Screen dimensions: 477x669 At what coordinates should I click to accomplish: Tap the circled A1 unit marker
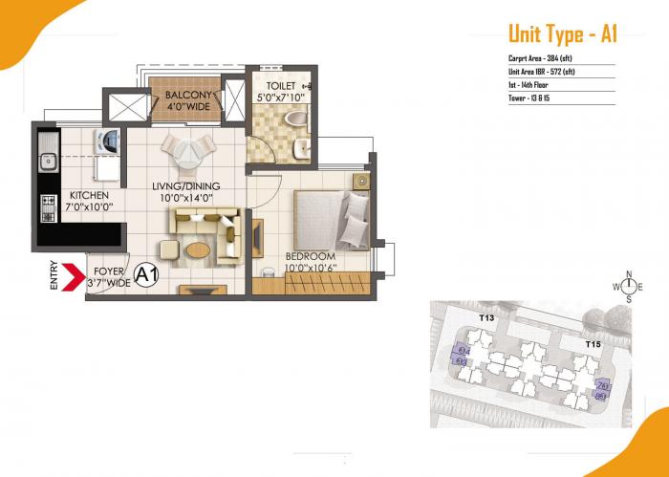pos(145,276)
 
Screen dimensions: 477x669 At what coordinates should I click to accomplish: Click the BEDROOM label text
pos(311,256)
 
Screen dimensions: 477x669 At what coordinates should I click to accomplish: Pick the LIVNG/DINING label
pos(184,185)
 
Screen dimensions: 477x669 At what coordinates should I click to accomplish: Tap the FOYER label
pos(108,271)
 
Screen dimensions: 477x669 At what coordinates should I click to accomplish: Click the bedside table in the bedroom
pos(361,181)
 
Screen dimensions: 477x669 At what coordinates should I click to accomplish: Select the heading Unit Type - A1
pos(562,34)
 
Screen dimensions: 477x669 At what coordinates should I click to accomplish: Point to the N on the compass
pos(629,274)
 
